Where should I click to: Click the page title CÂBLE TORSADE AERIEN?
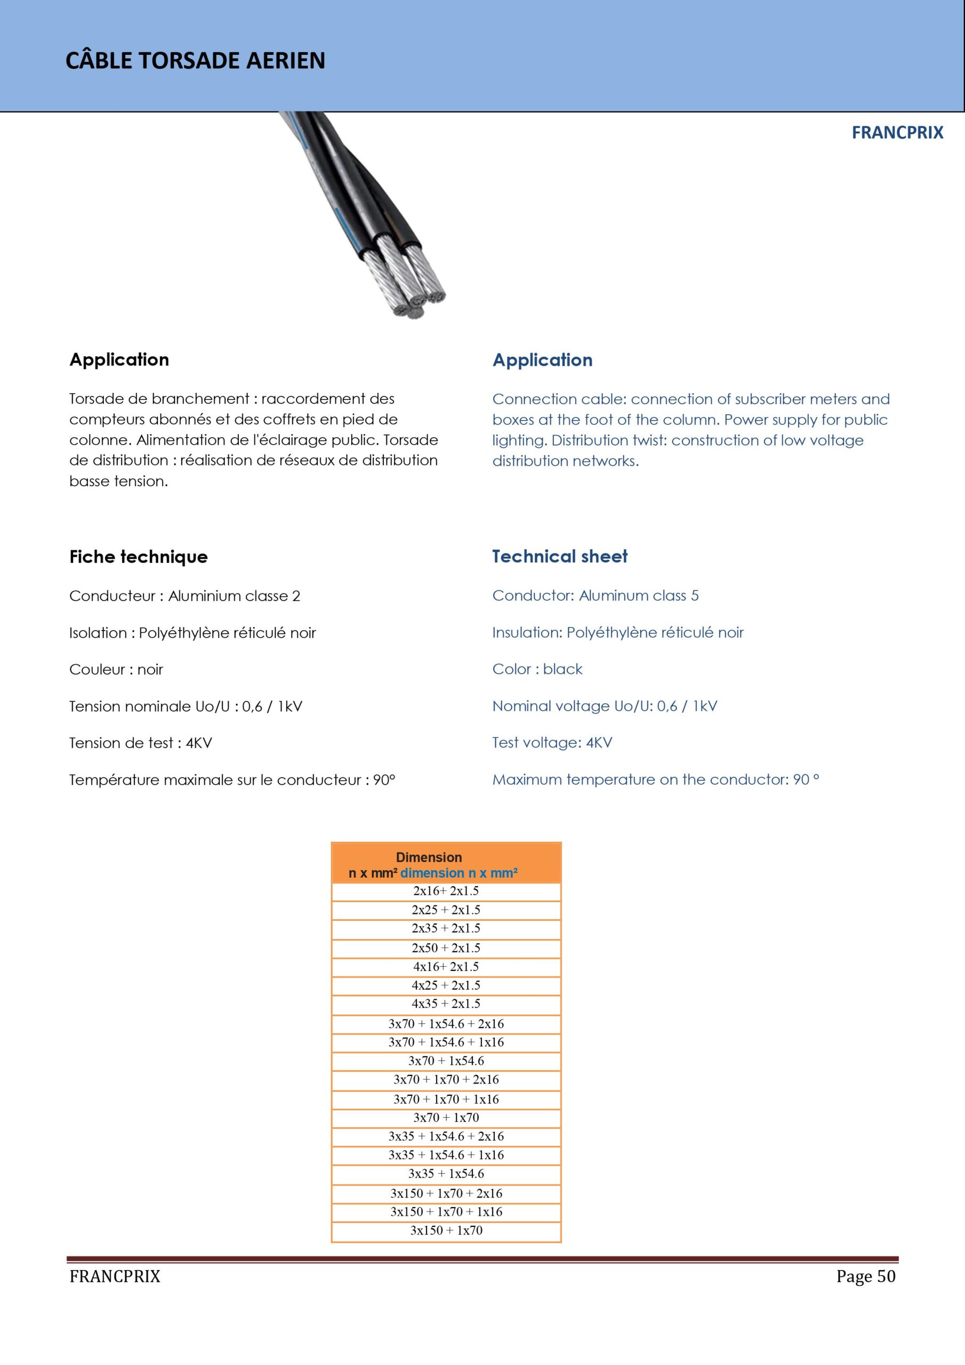pos(195,61)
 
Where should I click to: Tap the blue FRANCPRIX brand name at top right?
pos(897,133)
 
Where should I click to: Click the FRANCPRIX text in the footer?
pos(115,1276)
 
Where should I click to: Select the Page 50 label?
pos(865,1276)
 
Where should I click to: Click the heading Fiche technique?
pos(139,557)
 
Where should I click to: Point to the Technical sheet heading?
pos(559,557)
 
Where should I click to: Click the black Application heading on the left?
pos(119,360)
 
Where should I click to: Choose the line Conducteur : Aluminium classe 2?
pos(184,596)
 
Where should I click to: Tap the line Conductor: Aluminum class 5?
pos(595,596)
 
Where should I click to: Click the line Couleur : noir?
pos(116,669)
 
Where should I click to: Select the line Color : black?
pos(537,669)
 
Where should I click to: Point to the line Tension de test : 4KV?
pos(140,743)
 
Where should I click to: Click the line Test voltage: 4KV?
pos(552,743)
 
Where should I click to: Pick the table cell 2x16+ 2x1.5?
pos(446,891)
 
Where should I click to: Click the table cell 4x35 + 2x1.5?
pos(446,1003)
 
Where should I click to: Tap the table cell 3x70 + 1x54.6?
pos(446,1061)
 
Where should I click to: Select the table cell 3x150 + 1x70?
pos(446,1231)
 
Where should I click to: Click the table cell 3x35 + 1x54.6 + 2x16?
pos(446,1136)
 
